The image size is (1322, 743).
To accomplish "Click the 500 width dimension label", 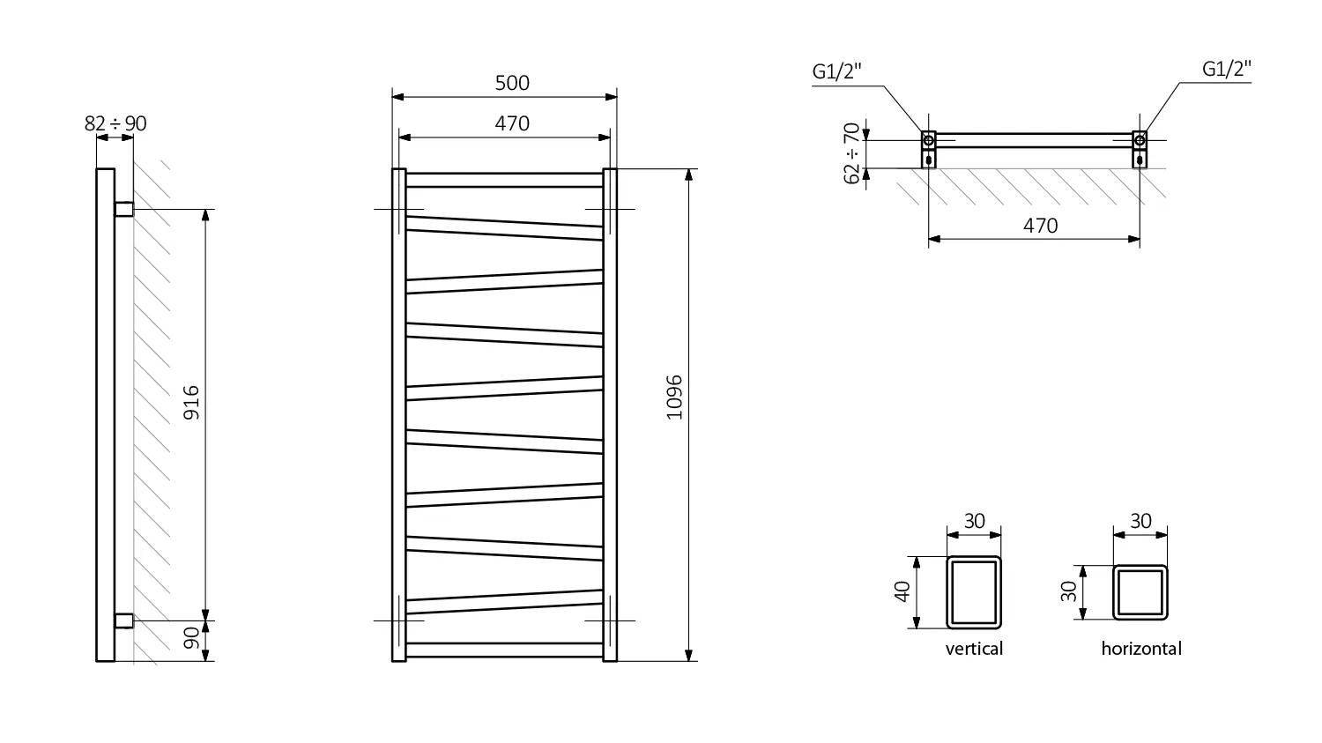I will (511, 83).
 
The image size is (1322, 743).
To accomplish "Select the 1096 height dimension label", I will (674, 397).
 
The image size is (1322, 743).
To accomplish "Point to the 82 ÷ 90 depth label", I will (115, 123).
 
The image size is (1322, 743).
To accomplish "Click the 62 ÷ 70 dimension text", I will (851, 153).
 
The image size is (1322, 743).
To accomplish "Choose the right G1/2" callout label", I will (1226, 70).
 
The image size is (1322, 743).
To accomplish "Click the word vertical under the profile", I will (974, 649).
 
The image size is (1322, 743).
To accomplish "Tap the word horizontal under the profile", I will (1140, 649).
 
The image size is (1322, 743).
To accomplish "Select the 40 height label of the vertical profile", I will (902, 591).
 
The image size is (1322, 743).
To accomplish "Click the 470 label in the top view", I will (1040, 226).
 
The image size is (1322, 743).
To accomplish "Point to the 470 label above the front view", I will (511, 123).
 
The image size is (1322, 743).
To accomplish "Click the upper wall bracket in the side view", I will (124, 209).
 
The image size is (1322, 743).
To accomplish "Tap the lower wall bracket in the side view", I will (124, 620).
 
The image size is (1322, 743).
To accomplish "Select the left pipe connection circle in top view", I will (928, 140).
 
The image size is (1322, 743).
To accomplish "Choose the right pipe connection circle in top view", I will (1140, 140).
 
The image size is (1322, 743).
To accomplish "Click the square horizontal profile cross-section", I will (1140, 592).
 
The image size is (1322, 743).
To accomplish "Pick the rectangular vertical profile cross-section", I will (974, 591).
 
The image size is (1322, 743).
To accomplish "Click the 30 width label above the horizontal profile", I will (1140, 521).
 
